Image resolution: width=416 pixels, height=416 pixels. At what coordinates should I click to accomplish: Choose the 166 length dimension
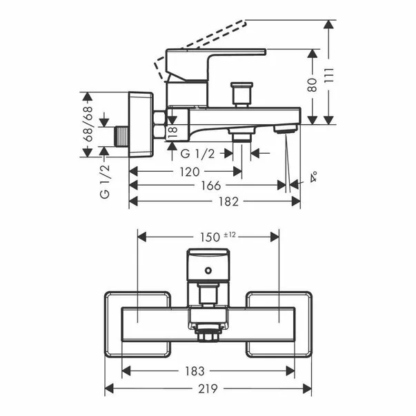click(211, 186)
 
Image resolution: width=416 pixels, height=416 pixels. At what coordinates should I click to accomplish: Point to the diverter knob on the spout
click(242, 92)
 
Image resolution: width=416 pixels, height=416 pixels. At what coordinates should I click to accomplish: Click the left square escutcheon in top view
click(124, 324)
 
